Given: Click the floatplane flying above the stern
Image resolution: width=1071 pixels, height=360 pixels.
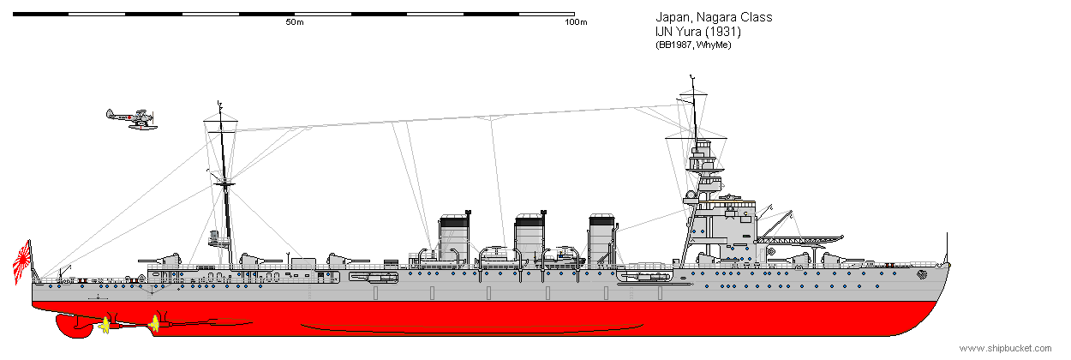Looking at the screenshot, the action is coord(132,119).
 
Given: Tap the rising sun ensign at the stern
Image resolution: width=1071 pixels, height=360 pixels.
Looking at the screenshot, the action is coord(22,261).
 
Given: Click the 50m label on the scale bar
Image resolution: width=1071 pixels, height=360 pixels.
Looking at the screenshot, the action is coord(295,22).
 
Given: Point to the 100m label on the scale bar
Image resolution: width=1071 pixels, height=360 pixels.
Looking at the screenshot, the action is coord(576,22).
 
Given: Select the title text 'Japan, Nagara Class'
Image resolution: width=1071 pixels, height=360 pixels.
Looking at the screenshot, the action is coord(714,17).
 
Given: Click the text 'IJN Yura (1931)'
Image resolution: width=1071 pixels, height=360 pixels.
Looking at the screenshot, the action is coord(698,32).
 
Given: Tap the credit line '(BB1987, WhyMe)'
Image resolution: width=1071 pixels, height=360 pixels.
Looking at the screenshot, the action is coord(693,45).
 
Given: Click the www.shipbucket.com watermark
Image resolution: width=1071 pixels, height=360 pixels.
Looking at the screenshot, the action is coord(1006,348).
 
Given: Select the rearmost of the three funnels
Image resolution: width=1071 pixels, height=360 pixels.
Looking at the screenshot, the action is coord(454,237).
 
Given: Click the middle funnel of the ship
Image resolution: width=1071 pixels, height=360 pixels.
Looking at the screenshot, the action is coord(530,237).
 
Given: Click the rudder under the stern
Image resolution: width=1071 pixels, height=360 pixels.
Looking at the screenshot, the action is coord(74,326).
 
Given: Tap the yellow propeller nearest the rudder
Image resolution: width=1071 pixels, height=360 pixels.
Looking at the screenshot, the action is coord(105,327).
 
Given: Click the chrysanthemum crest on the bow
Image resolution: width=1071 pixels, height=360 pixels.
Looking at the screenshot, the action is coord(922,274).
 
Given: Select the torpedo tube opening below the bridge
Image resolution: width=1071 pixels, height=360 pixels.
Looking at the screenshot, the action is coord(644,276).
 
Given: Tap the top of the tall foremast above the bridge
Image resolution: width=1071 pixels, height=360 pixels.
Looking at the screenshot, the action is coord(691,76).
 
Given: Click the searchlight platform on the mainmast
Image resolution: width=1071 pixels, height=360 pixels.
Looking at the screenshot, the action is coord(218,239).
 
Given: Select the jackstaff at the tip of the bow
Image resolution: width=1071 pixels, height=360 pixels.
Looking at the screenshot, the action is coord(947,249).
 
